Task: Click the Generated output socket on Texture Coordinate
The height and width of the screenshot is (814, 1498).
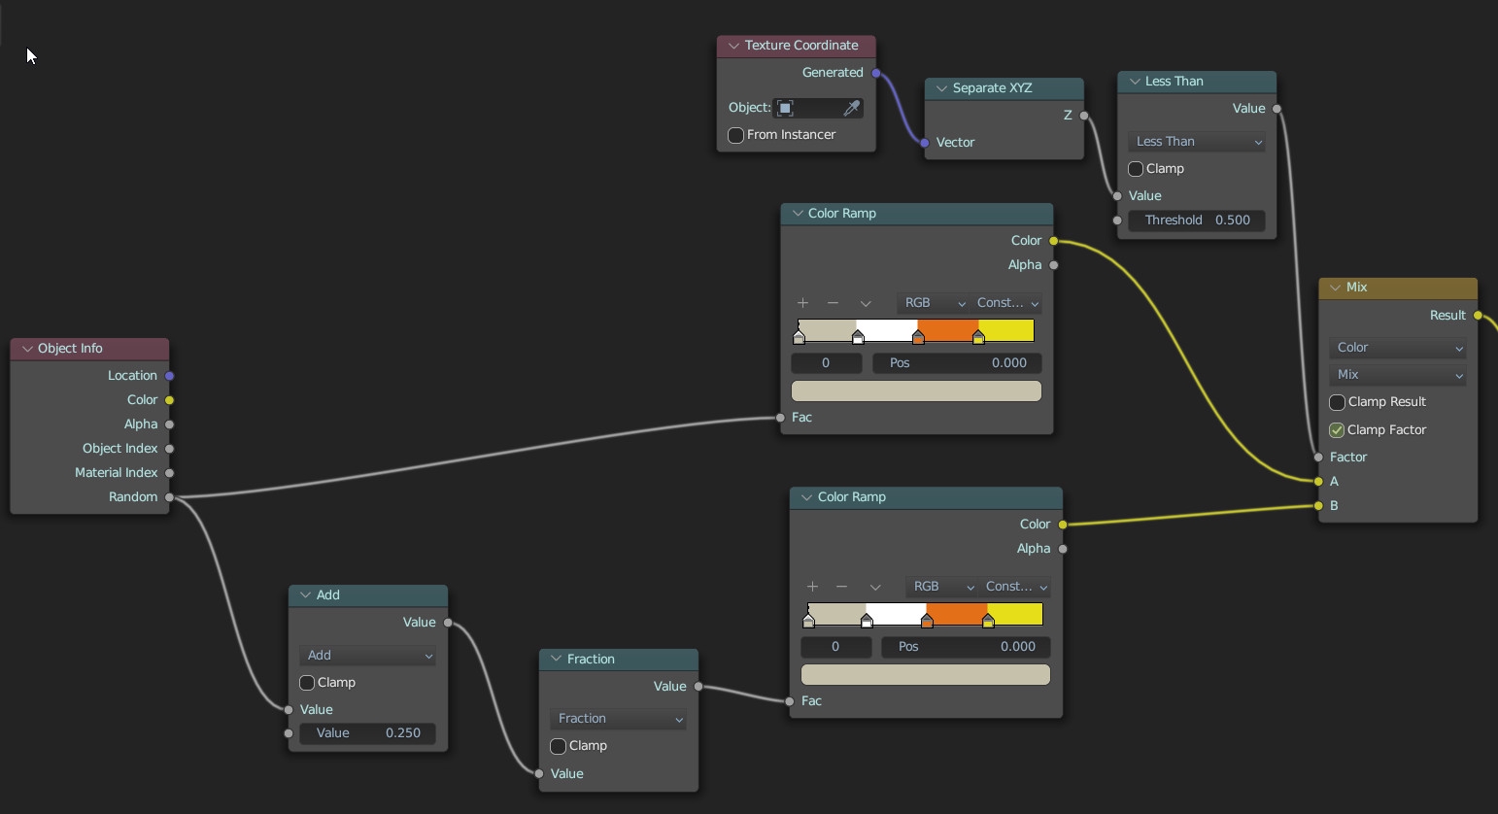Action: [876, 73]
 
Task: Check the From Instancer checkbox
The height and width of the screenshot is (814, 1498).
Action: [736, 135]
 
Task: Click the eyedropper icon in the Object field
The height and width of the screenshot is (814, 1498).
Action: [851, 108]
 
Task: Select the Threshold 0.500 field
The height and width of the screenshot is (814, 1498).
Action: [1196, 220]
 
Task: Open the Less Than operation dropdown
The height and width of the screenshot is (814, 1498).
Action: [1196, 142]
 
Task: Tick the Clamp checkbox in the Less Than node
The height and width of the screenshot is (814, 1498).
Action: [1136, 169]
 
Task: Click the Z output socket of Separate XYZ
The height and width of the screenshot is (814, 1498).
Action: [1084, 116]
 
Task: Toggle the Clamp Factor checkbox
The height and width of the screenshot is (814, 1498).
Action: [1337, 430]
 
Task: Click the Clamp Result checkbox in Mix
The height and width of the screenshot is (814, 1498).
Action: [1337, 402]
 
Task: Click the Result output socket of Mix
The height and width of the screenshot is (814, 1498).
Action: [1478, 316]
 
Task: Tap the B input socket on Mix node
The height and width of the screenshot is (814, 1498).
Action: [1318, 506]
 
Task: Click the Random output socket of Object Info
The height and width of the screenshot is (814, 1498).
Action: [170, 497]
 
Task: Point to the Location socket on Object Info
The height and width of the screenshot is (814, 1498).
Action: [170, 376]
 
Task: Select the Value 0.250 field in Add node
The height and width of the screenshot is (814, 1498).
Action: [367, 733]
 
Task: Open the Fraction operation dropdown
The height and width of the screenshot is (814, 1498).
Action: [618, 719]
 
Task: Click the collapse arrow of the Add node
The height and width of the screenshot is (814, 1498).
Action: [305, 595]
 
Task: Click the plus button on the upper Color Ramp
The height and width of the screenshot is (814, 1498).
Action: [802, 303]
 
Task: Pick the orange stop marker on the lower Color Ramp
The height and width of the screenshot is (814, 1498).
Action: [927, 621]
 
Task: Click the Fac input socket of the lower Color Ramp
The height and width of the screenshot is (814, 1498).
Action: [790, 701]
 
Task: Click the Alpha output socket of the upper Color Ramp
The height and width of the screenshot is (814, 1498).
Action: [1054, 265]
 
